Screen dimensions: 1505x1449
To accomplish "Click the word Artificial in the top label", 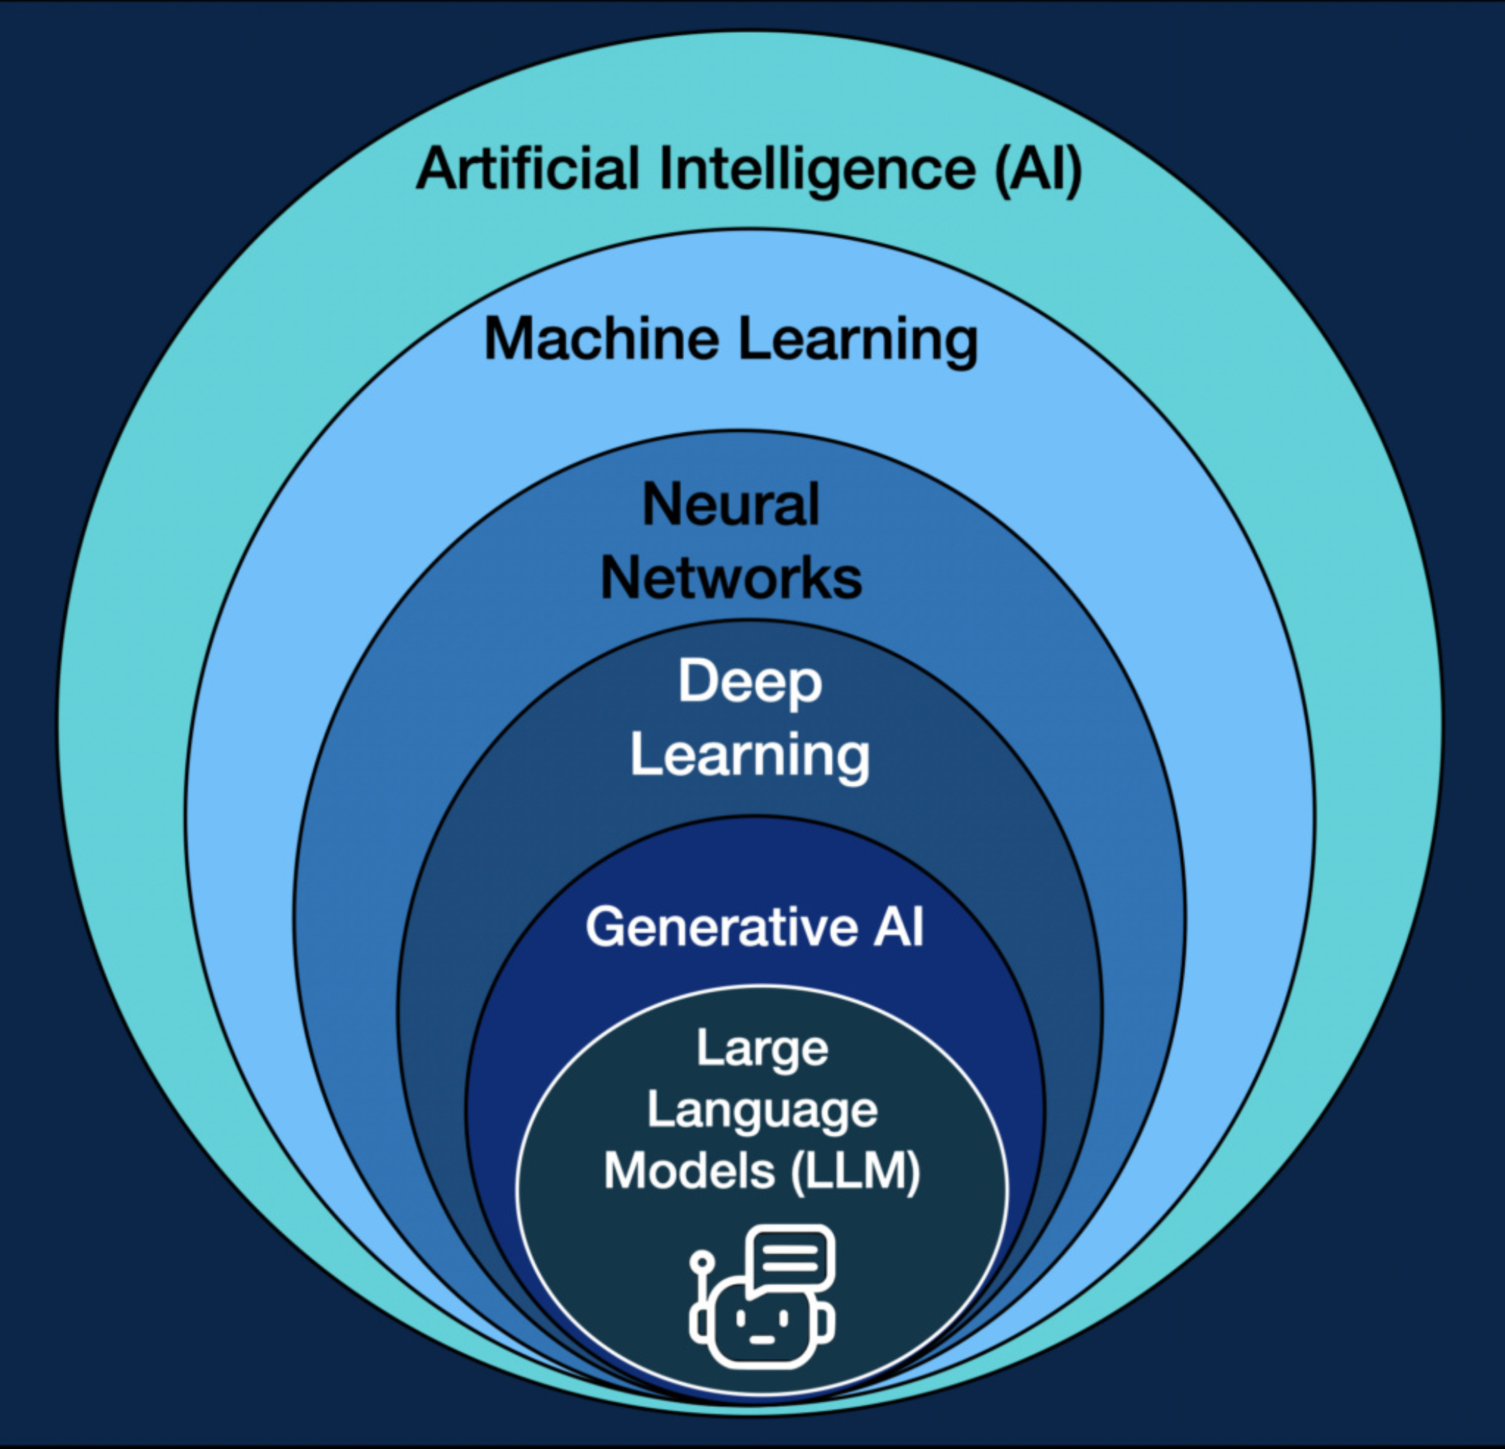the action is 528,168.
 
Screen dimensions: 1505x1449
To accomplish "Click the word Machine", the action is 601,338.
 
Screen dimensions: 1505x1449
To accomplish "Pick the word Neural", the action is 731,505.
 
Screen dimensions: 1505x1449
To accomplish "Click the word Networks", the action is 731,577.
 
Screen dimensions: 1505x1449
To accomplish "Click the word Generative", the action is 721,927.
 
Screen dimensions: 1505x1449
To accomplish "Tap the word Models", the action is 690,1172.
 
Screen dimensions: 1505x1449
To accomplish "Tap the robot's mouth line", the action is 762,1340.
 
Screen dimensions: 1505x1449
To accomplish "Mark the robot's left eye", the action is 741,1318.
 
